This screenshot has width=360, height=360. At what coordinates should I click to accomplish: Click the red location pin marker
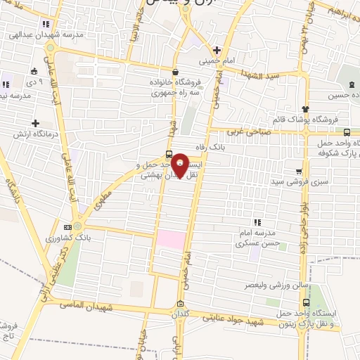pyautogui.click(x=180, y=167)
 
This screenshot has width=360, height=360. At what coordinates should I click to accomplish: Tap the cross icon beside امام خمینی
pyautogui.click(x=217, y=50)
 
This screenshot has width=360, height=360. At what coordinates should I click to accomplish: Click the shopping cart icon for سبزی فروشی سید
pyautogui.click(x=299, y=171)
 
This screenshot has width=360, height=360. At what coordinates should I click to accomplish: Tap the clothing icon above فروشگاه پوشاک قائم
pyautogui.click(x=304, y=109)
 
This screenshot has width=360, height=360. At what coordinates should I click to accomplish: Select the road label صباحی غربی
pyautogui.click(x=261, y=131)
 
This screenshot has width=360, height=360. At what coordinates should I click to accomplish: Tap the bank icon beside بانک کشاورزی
pyautogui.click(x=67, y=227)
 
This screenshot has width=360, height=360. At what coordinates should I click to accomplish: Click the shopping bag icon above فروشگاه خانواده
pyautogui.click(x=174, y=72)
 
